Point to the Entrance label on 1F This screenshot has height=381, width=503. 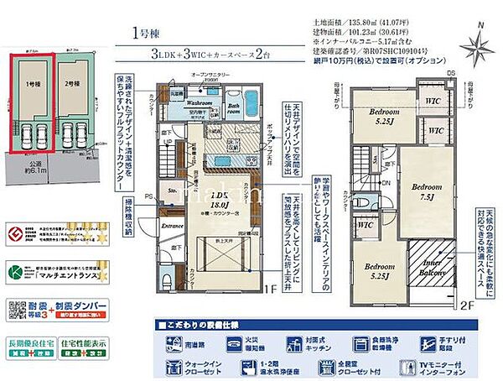point(173,227)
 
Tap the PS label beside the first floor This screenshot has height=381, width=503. point(149,196)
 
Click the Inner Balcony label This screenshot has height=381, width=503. point(433,266)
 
